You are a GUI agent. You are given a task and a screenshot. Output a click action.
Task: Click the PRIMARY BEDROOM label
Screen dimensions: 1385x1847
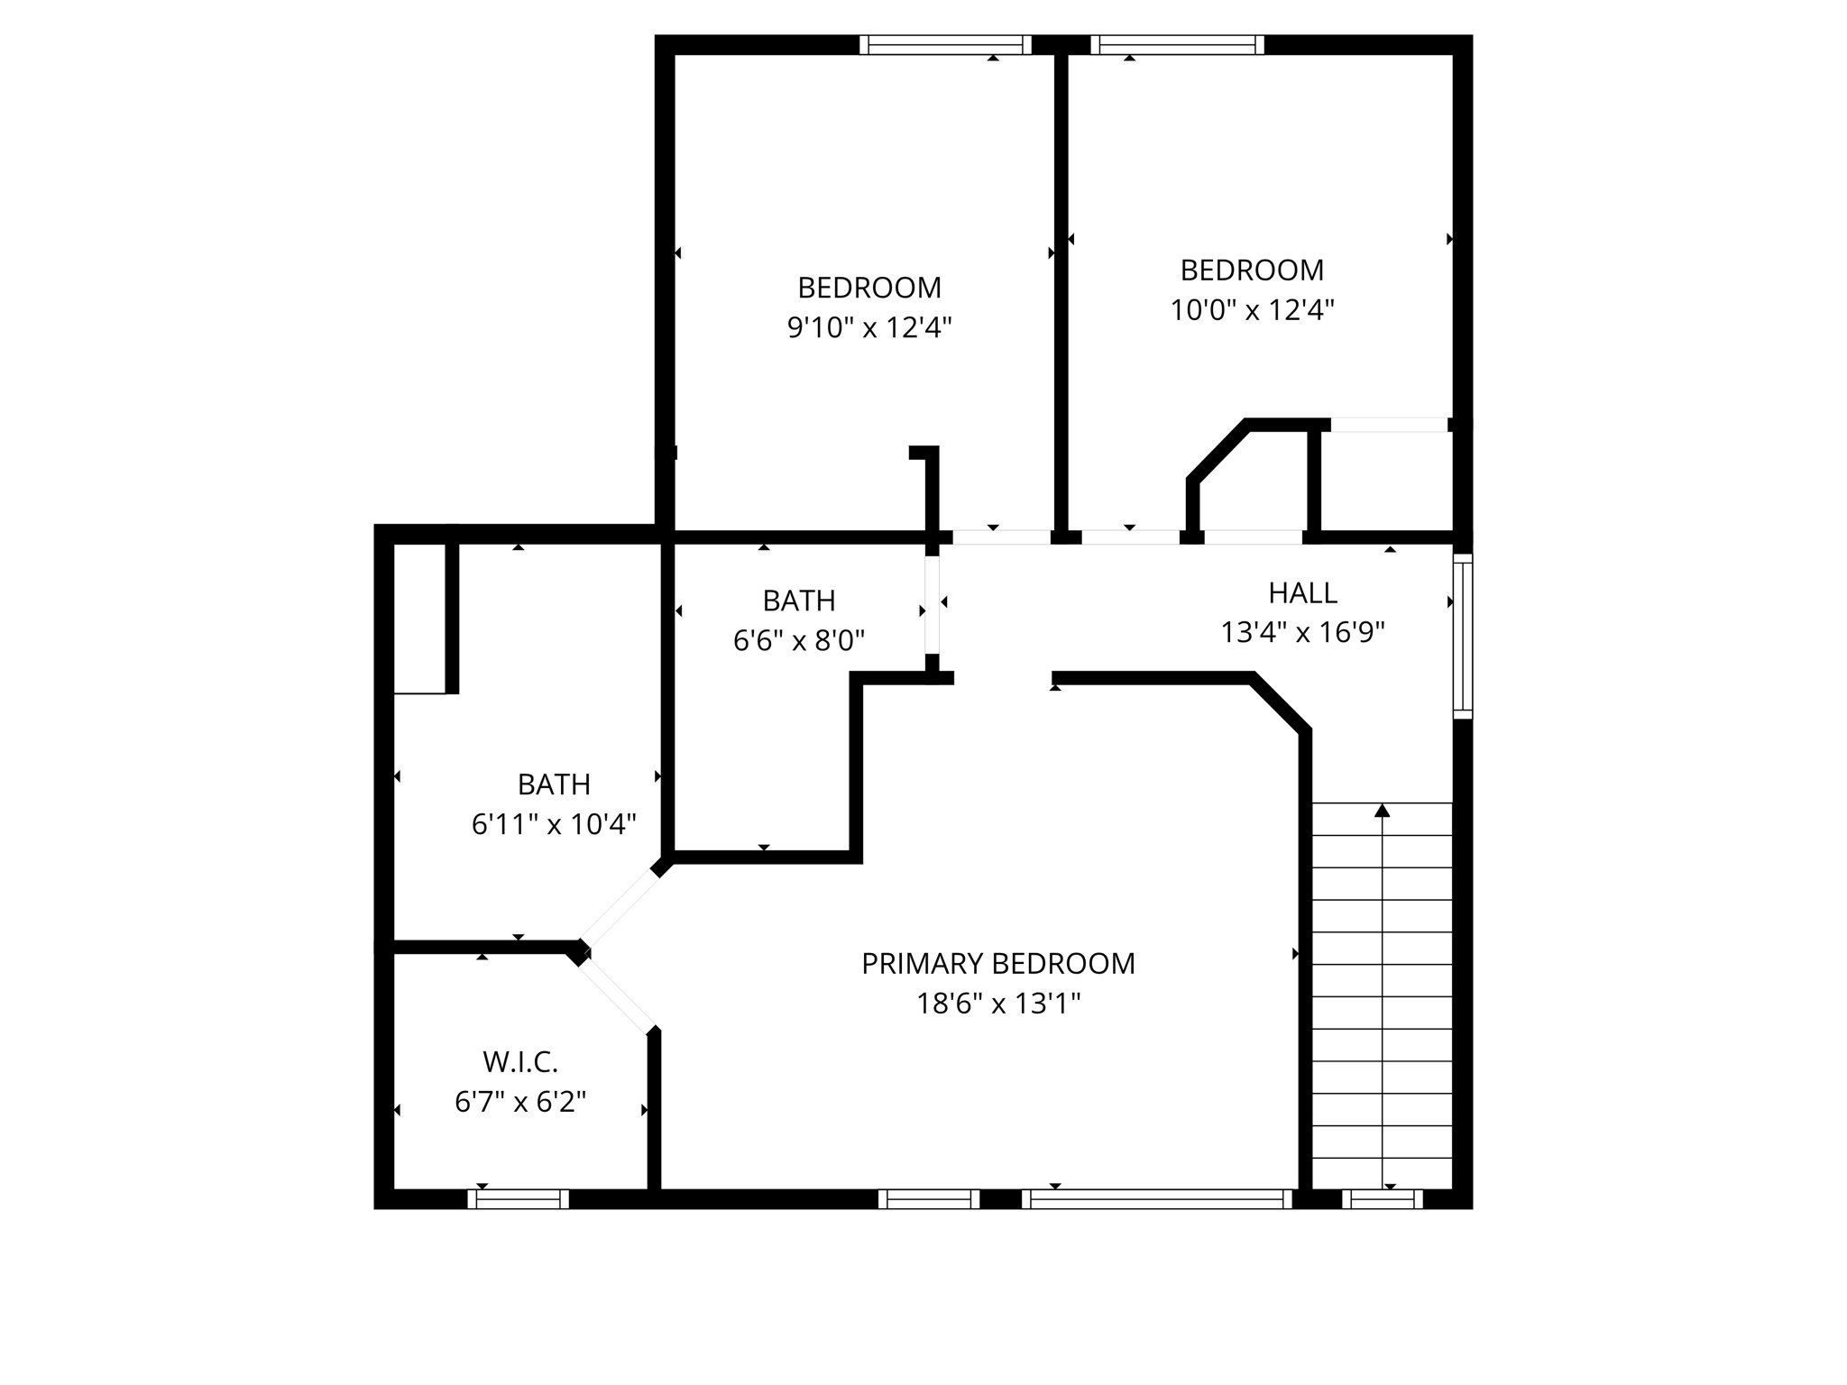pos(997,964)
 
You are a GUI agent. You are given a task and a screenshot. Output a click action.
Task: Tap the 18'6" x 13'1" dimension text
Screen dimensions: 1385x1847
pos(997,1004)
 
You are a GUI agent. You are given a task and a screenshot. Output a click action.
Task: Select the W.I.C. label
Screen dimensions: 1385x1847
pos(520,1062)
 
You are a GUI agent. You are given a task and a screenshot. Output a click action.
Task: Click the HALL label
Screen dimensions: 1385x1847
pos(1302,593)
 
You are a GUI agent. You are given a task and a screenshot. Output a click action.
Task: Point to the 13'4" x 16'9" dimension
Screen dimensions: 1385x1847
pos(1302,633)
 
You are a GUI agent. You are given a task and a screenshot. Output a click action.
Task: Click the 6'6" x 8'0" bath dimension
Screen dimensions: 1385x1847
pos(799,641)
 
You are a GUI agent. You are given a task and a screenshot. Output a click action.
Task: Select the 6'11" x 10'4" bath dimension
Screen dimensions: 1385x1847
pos(554,824)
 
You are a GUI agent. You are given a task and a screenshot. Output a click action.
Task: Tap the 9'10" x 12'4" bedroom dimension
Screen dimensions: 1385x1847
pos(869,327)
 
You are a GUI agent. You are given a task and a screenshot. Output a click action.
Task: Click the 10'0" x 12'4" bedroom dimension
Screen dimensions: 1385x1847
pos(1252,310)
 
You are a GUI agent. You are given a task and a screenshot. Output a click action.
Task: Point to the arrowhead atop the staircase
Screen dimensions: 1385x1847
pos(1382,811)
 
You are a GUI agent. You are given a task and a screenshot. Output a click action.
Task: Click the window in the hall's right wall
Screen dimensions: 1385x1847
pos(1462,637)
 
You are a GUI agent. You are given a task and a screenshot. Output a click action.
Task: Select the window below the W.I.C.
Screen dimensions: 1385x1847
pos(518,1199)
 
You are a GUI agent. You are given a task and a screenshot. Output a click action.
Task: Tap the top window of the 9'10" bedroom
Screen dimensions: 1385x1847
pos(944,45)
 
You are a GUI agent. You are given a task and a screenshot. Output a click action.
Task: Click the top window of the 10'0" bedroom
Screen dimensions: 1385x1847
pos(1177,45)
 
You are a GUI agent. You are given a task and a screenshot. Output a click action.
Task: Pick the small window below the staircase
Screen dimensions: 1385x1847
pos(1382,1199)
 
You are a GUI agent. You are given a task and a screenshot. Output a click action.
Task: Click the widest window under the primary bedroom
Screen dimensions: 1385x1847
pos(1157,1199)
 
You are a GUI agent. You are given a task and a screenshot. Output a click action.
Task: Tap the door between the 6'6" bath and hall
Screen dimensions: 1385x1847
pos(932,604)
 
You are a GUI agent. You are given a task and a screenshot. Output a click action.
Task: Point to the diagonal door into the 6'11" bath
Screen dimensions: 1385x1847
pos(620,906)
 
